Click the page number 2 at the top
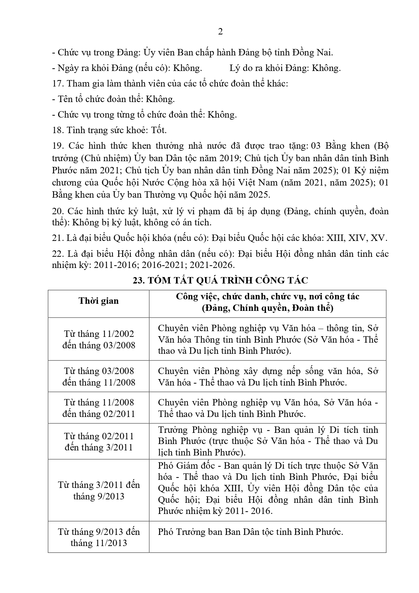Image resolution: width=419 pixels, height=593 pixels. click(220, 32)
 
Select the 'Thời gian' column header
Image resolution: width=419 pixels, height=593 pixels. click(99, 301)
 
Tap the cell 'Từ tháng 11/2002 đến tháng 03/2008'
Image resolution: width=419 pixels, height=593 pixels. click(99, 339)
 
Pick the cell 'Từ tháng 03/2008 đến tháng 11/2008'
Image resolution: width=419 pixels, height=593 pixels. click(99, 376)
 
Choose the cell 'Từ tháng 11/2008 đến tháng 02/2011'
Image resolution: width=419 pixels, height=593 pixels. click(99, 408)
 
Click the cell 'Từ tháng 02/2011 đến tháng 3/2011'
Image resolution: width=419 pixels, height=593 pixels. click(99, 442)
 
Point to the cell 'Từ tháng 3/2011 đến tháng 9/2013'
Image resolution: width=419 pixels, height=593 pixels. click(99, 490)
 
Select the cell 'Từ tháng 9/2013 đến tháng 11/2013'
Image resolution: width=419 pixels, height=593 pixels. click(99, 537)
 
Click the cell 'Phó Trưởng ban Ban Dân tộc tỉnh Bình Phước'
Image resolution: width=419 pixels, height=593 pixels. click(250, 532)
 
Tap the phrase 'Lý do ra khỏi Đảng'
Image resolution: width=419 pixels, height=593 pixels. click(269, 68)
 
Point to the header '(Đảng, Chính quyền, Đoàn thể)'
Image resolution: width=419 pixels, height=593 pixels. click(267, 308)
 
